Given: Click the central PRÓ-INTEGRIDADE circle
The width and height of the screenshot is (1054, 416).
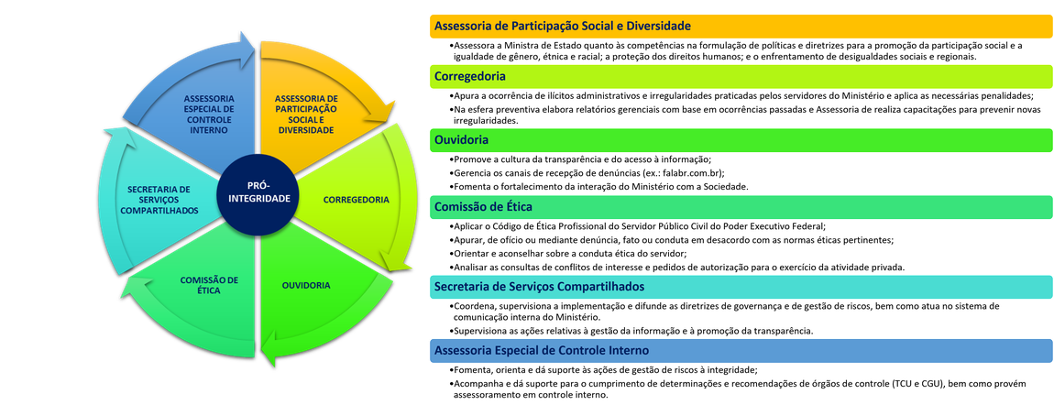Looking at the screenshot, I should [x=258, y=192].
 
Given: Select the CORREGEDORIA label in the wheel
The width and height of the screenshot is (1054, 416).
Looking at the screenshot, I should [x=357, y=199].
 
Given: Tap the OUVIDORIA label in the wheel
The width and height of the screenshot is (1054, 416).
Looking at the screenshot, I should [x=306, y=285].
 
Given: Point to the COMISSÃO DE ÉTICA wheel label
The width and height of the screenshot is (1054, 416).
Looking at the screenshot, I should [x=209, y=285].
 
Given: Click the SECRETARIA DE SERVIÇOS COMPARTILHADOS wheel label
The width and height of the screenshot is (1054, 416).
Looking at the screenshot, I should [x=159, y=199].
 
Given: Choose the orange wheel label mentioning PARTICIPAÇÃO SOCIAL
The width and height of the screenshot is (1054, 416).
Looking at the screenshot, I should [x=306, y=114].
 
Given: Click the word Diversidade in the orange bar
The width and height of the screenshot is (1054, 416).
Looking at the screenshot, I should [x=656, y=27].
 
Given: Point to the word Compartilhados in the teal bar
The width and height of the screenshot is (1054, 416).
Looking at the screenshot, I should [x=601, y=287].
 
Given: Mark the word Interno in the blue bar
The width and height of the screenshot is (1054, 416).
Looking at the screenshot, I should [x=628, y=351].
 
